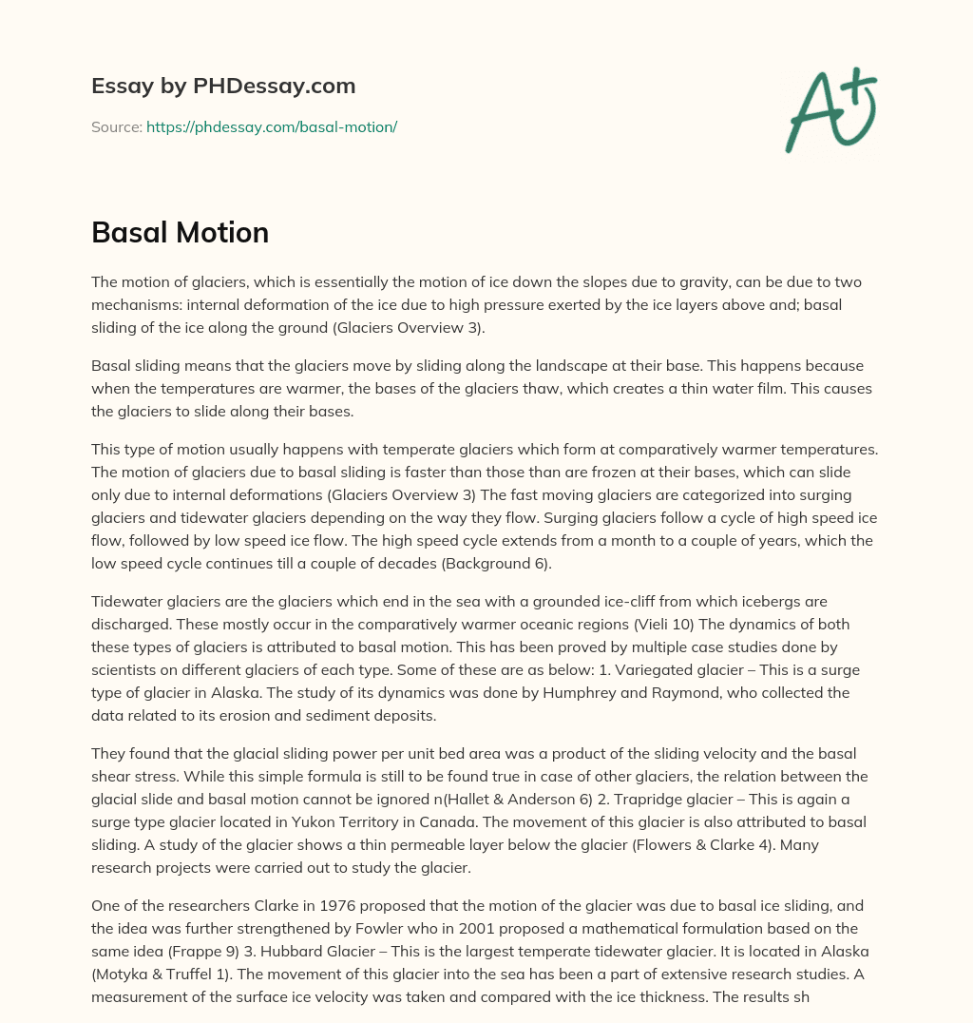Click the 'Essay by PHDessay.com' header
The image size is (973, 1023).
point(223,86)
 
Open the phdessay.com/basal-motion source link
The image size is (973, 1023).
point(271,126)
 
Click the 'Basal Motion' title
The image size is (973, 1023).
point(180,232)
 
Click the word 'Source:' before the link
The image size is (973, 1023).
point(116,126)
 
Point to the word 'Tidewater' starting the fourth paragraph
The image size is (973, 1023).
point(126,601)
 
